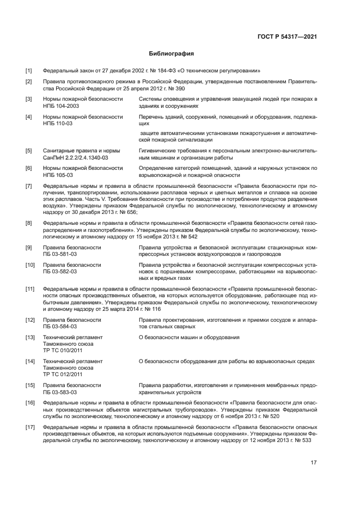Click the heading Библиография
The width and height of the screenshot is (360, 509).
[172, 53]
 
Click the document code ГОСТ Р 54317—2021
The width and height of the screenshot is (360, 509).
[288, 36]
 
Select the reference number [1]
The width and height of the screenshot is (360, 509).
[29, 71]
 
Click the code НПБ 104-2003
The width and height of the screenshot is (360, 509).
[61, 107]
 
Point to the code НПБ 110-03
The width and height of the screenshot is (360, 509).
[58, 124]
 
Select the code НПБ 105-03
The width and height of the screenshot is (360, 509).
[58, 175]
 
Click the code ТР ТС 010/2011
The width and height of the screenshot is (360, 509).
[63, 351]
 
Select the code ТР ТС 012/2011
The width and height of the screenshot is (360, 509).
[63, 375]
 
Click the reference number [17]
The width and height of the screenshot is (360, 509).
[30, 428]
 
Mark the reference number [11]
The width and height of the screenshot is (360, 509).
[30, 289]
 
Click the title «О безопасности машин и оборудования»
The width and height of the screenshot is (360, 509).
[189, 338]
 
